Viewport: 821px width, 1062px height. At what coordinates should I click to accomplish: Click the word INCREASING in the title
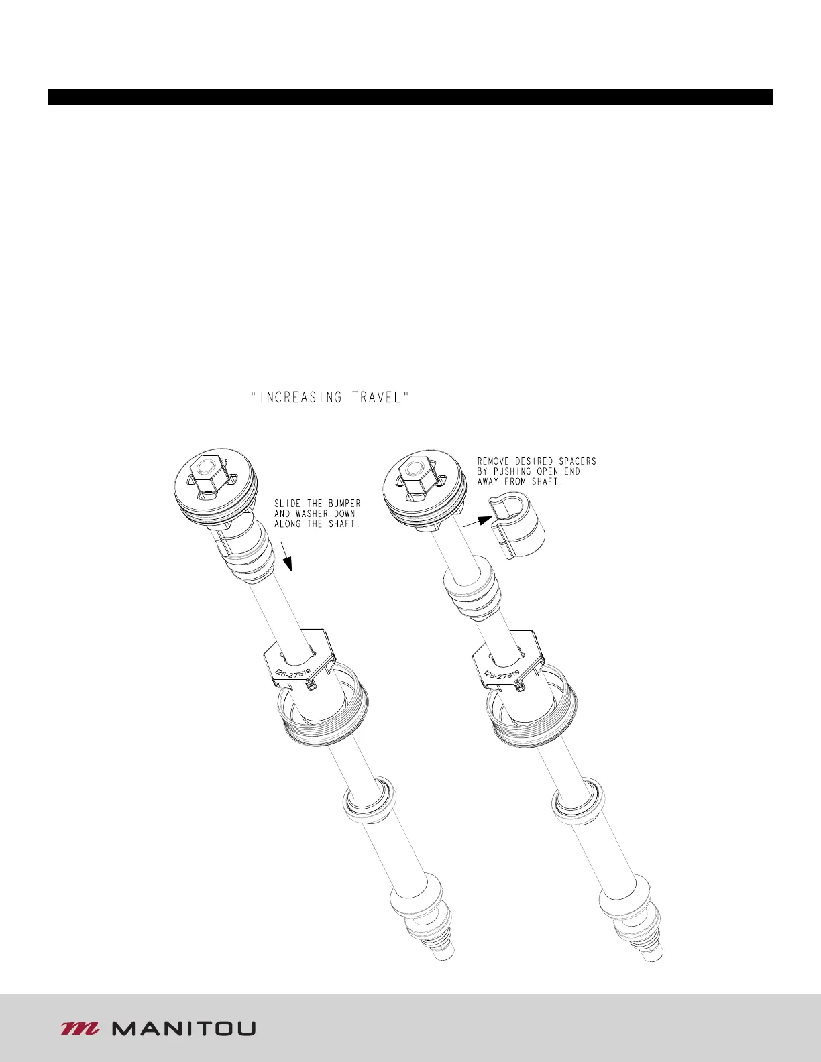pyautogui.click(x=300, y=398)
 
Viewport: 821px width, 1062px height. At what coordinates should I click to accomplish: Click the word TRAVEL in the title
pyautogui.click(x=378, y=398)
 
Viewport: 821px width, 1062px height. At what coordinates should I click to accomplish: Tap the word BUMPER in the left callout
pyautogui.click(x=344, y=504)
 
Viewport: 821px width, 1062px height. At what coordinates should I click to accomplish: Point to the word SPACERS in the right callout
pyautogui.click(x=578, y=461)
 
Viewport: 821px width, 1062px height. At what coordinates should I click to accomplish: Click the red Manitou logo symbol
pyautogui.click(x=80, y=1028)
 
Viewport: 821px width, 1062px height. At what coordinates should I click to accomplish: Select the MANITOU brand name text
pyautogui.click(x=184, y=1028)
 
